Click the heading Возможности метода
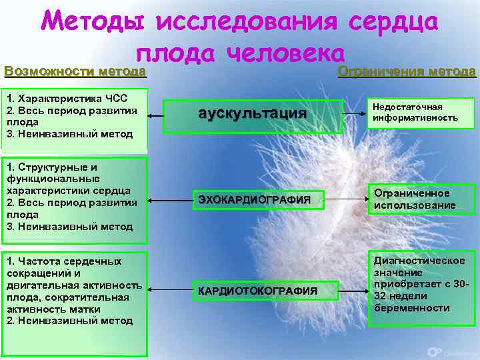pyautogui.click(x=75, y=71)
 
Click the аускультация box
pyautogui.click(x=253, y=115)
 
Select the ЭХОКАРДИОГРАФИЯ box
pyautogui.click(x=253, y=199)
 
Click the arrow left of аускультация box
pyautogui.click(x=155, y=115)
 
